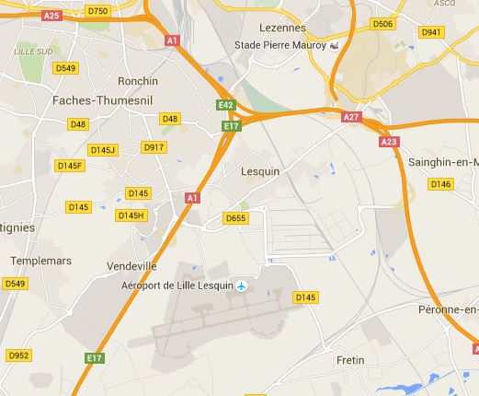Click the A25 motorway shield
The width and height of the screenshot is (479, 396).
pos(51,16)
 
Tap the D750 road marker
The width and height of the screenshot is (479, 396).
pos(97,10)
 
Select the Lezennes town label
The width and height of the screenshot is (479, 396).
pos(281,29)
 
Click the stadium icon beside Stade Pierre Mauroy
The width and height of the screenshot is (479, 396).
pos(335,45)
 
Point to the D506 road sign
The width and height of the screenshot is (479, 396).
pos(382,24)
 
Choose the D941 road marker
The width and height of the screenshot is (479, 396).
pos(431,32)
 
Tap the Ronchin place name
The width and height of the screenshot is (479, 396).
pos(138,80)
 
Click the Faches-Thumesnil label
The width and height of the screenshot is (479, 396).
pos(93,100)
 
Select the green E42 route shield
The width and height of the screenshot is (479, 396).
pos(226,106)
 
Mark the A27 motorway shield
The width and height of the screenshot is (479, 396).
pos(351,117)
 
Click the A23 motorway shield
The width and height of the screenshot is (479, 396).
pos(389,142)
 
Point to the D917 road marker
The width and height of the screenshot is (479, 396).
pos(154,146)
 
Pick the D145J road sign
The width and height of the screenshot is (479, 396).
pos(103,149)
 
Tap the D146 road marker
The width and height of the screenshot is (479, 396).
pos(440,184)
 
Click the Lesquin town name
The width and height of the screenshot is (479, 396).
pos(258,171)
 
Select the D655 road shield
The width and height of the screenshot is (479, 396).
pos(235,218)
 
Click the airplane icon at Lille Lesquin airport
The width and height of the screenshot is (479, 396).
pos(242,286)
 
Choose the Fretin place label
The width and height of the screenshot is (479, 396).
pos(351,359)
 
